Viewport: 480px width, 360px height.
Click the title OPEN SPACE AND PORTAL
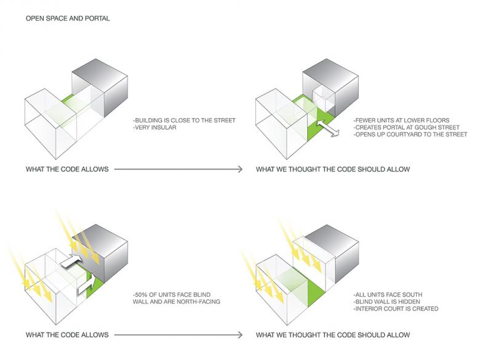point(68,19)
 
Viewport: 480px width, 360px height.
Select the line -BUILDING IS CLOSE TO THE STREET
point(183,121)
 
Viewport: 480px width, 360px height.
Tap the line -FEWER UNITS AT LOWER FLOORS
point(402,120)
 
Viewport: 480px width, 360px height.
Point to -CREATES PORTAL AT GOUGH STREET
point(406,127)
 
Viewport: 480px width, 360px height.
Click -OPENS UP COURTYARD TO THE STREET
point(410,134)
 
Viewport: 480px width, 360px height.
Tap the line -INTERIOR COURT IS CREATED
point(396,309)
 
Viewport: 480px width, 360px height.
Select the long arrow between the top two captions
point(178,169)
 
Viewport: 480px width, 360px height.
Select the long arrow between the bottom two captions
point(178,335)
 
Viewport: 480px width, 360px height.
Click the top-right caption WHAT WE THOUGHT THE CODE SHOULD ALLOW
point(333,169)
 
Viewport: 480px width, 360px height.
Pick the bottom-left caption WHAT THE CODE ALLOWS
point(67,335)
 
